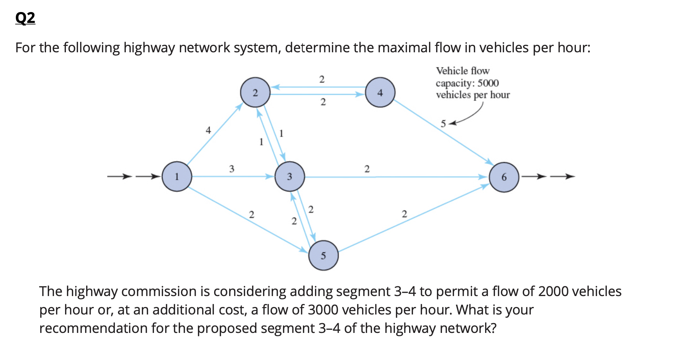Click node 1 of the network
pos(177,176)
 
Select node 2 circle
pos(255,93)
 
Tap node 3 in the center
pos(289,176)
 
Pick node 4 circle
pos(380,93)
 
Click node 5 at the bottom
pos(323,256)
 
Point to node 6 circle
pos(504,177)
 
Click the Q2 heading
pos(25,18)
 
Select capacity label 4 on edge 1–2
pos(208,130)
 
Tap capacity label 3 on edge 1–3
pos(231,169)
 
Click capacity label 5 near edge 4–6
pos(443,124)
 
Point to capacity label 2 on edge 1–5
pos(251,215)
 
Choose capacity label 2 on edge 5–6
pos(404,214)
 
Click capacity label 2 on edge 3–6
pos(367,169)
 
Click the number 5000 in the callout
pos(488,83)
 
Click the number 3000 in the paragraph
pos(323,310)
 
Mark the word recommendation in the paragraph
pos(93,328)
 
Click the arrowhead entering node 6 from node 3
pos(484,177)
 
